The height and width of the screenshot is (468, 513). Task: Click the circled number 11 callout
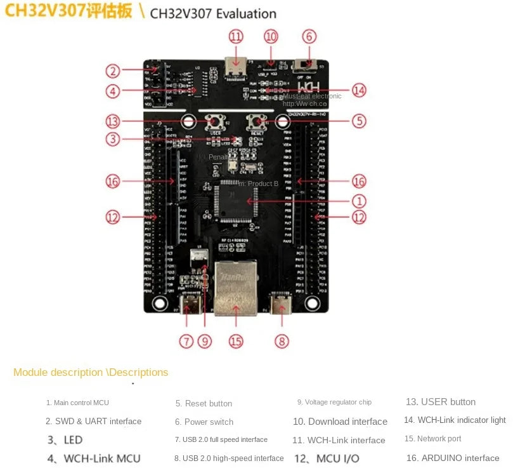coord(236,36)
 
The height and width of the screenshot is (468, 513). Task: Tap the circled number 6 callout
coord(309,36)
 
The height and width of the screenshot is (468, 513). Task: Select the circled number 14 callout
coord(359,90)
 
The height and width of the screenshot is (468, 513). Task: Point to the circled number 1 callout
coord(359,201)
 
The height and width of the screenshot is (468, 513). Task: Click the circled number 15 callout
coord(236,341)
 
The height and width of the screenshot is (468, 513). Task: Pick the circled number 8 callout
coord(282,341)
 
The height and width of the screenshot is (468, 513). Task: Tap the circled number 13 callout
coord(113,121)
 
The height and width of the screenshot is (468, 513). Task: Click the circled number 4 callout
coord(113,91)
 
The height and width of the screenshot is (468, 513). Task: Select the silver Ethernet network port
coord(235,287)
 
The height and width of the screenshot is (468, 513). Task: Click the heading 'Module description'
coord(58,372)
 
